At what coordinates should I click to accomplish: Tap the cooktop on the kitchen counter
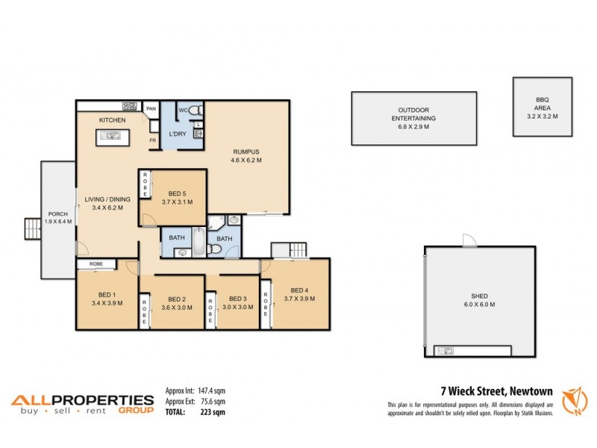130,106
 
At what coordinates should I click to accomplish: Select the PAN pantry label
151,109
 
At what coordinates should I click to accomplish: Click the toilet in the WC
195,111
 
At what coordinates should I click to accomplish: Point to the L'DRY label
178,134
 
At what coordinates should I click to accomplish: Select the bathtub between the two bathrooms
199,240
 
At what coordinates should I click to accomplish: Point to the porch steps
32,228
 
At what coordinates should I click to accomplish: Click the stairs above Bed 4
290,249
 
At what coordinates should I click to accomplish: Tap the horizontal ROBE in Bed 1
96,264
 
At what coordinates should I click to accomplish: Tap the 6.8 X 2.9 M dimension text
413,127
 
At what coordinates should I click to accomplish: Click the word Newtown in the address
531,391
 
